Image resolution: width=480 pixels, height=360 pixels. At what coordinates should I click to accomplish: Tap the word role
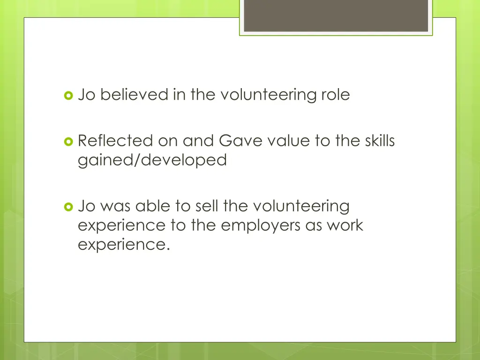[x=335, y=95]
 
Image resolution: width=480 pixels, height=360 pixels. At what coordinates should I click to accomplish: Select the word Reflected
[x=115, y=141]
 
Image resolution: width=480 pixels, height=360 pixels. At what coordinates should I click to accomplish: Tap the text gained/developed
[x=152, y=160]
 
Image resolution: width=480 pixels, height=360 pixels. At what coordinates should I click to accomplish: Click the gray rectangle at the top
[x=336, y=16]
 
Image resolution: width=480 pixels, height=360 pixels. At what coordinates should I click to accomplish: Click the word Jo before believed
[x=87, y=95]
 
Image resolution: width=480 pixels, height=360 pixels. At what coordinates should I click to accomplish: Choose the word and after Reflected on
[x=198, y=141]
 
